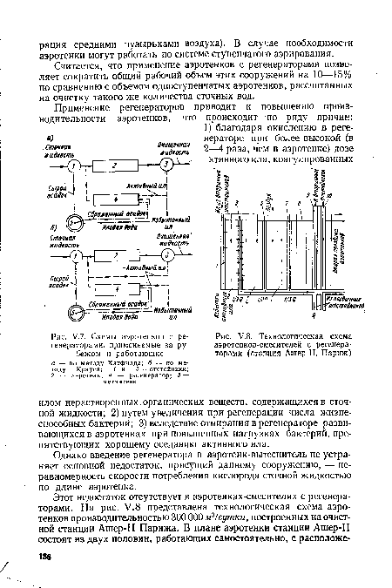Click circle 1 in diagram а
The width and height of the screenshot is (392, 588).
pos(77,166)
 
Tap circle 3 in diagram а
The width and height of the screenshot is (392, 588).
pos(164,166)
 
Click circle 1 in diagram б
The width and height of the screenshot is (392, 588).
pos(76,259)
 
